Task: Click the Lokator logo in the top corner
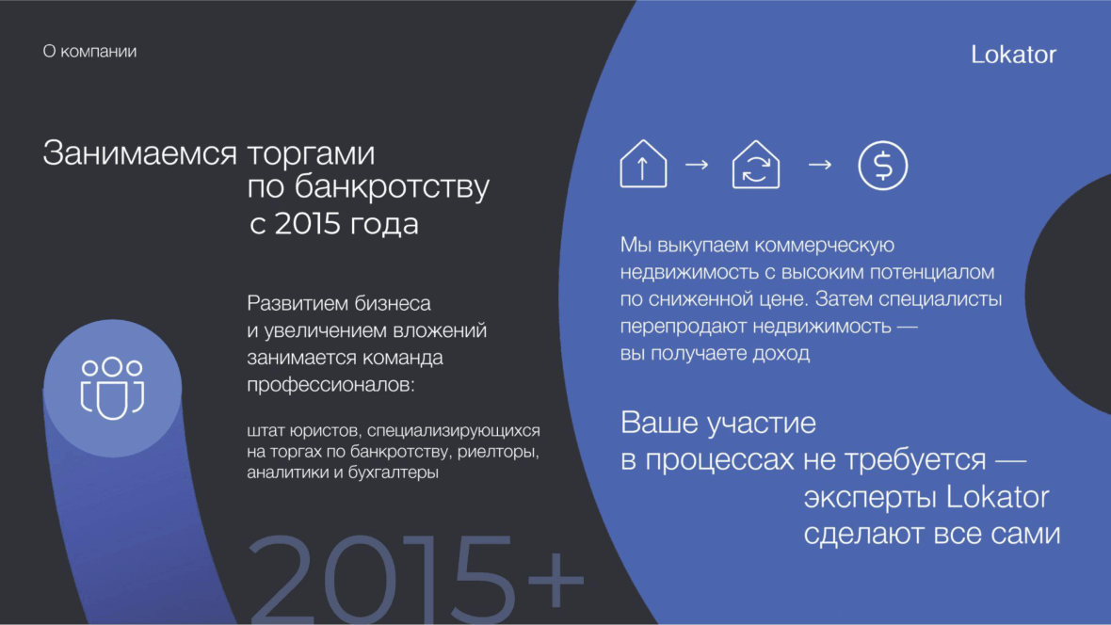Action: click(x=1013, y=55)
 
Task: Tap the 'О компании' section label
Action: click(x=89, y=52)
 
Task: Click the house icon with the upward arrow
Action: click(x=643, y=164)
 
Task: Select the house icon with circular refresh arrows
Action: click(x=756, y=165)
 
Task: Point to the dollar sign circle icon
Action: click(x=883, y=165)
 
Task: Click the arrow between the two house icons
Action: click(x=698, y=165)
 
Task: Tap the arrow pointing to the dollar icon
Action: click(x=820, y=165)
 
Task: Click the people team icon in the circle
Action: click(x=113, y=388)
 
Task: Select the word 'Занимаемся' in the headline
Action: click(x=139, y=153)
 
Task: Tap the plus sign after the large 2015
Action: click(x=557, y=578)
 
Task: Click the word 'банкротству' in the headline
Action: click(x=392, y=188)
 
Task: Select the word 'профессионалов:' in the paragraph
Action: click(x=330, y=386)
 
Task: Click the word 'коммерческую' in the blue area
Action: click(x=824, y=245)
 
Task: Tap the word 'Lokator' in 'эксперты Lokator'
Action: click(x=998, y=497)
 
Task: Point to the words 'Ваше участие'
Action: click(x=718, y=423)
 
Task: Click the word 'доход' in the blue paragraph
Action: click(x=781, y=354)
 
